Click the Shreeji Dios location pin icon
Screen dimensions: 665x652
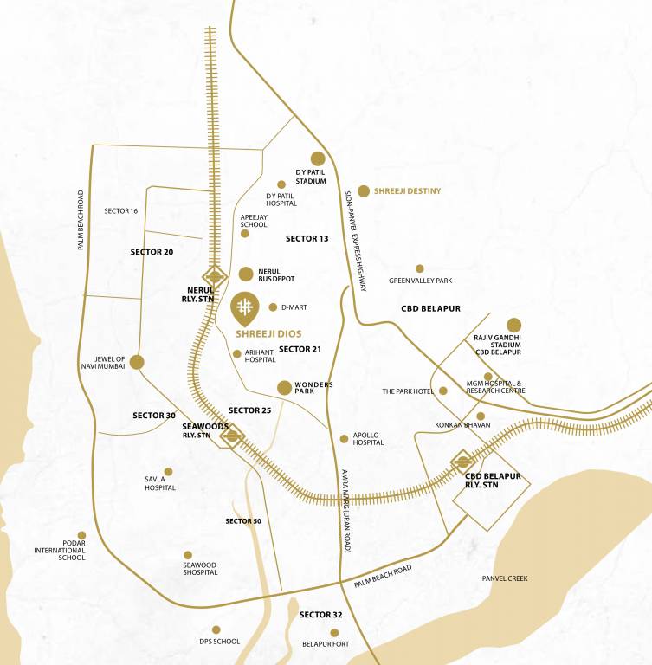point(245,308)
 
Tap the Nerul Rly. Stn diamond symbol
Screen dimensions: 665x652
point(214,277)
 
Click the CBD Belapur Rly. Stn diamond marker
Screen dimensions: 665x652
point(462,462)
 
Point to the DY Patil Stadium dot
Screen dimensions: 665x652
point(318,158)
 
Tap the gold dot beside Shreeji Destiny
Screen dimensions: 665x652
point(364,190)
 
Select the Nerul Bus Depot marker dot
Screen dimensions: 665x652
point(246,274)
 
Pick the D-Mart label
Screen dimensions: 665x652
point(294,307)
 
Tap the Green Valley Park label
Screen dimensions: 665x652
point(420,281)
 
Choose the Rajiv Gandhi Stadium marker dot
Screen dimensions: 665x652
point(514,325)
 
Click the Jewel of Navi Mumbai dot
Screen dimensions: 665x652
point(136,362)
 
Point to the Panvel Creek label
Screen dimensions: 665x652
point(505,578)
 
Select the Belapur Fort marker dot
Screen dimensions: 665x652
point(334,632)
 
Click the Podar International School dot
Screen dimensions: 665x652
point(81,535)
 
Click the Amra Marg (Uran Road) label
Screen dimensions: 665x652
point(345,511)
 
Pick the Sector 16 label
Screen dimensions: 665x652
point(121,211)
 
